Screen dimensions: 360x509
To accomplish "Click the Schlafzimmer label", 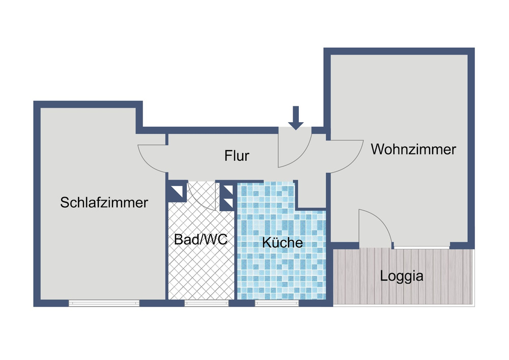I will (x=104, y=202).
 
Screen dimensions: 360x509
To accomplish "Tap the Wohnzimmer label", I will (x=413, y=150).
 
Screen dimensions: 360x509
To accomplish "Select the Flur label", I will (x=237, y=155).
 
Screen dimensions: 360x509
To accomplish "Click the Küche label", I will (x=282, y=242).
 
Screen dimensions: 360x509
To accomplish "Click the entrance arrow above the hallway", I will (x=296, y=118).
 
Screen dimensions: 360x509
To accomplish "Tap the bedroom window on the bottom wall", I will (x=104, y=303).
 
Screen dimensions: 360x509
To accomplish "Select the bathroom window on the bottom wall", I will (x=206, y=303).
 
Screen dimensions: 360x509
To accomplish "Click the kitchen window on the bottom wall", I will (x=276, y=303).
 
